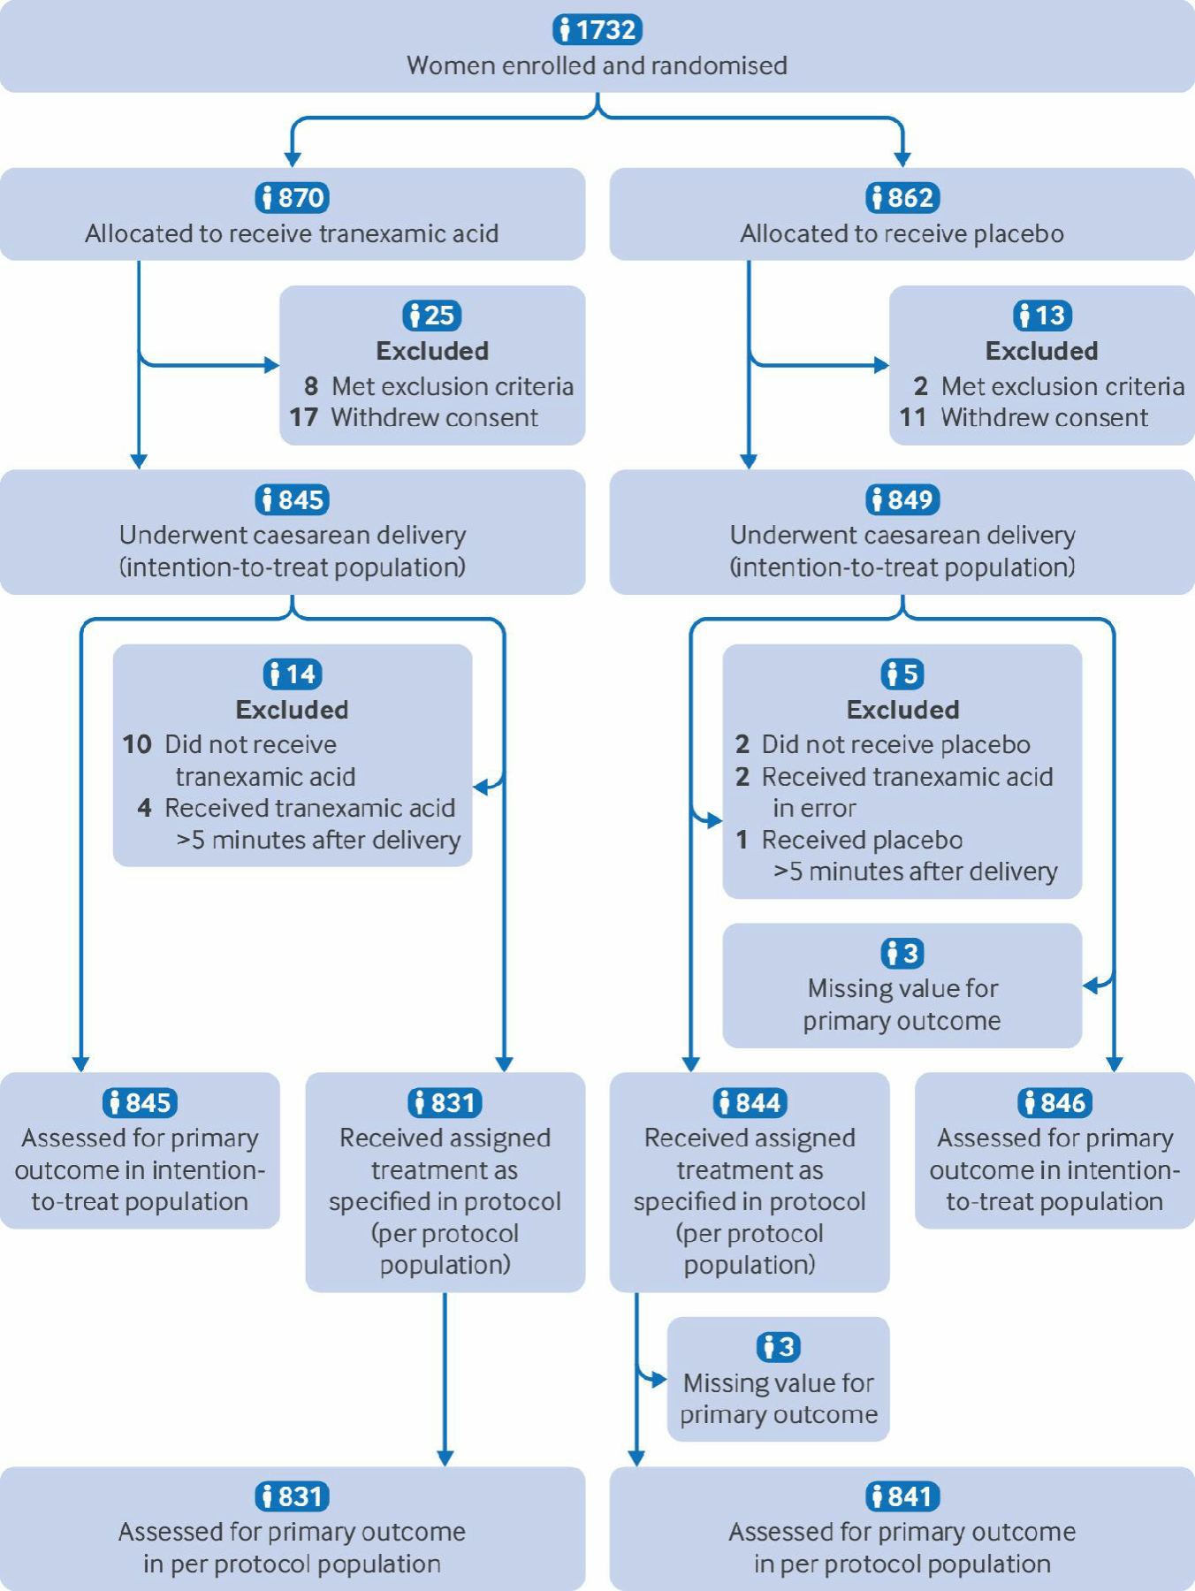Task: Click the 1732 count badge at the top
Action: [x=597, y=29]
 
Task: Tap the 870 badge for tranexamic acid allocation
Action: [x=293, y=197]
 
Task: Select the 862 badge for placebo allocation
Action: [x=902, y=197]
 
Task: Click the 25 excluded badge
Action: [x=432, y=315]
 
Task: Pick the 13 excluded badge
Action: [x=1042, y=315]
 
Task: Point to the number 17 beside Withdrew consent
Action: [x=303, y=417]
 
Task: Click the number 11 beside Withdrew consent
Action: [x=913, y=417]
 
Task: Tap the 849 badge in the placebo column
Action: [x=902, y=499]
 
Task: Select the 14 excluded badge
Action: [x=293, y=674]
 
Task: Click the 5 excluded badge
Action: [x=902, y=674]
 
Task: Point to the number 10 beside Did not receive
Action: [x=137, y=744]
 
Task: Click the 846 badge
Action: [x=1055, y=1102]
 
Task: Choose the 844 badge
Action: [x=750, y=1102]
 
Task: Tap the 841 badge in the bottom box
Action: [x=902, y=1496]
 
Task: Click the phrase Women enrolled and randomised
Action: [x=597, y=65]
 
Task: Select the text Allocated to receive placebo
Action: [x=902, y=233]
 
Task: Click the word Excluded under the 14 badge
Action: [x=293, y=710]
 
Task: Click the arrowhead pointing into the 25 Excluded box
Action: [x=271, y=364]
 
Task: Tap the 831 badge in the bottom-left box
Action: [x=293, y=1496]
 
